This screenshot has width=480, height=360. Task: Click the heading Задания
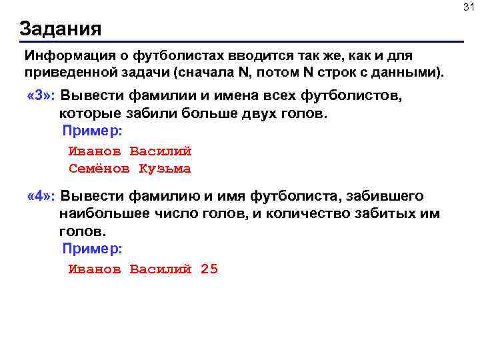tap(61, 29)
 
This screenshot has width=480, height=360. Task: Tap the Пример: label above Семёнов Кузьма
tap(92, 131)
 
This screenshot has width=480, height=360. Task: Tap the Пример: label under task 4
tap(92, 248)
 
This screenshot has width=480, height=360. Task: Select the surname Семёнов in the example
tap(99, 169)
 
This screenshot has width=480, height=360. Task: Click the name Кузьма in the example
tap(165, 169)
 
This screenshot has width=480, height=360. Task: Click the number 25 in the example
tap(209, 269)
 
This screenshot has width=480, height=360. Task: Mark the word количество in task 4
tap(288, 214)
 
